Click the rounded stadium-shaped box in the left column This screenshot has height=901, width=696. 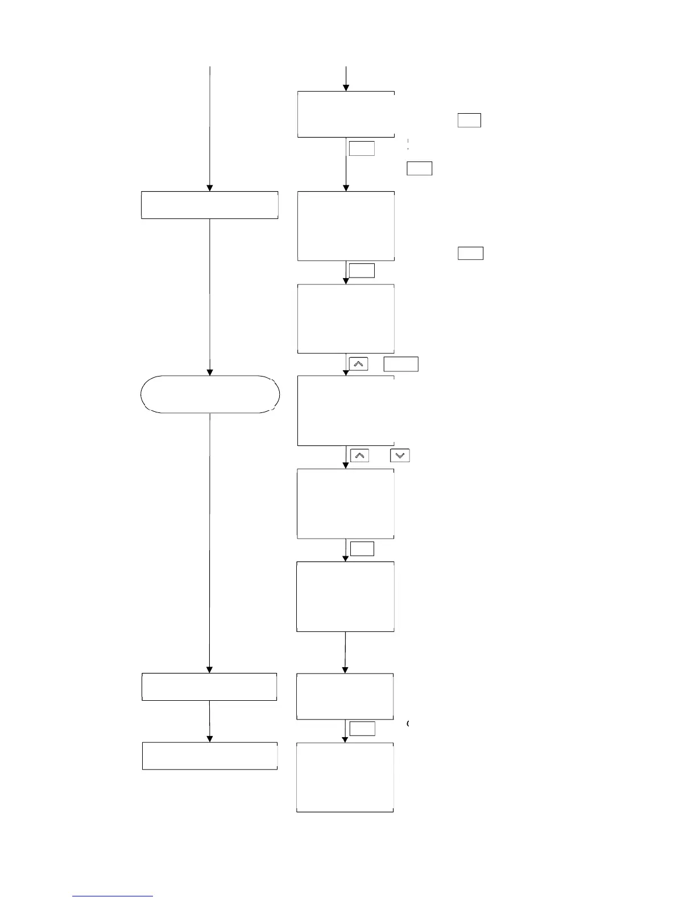(210, 394)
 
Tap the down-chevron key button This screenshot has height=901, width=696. (400, 455)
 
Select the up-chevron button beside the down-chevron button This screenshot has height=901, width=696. (359, 455)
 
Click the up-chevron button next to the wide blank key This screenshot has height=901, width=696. (358, 363)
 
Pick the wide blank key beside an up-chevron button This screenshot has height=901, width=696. (401, 363)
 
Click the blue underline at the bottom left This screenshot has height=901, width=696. (113, 896)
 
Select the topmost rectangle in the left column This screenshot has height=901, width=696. (210, 205)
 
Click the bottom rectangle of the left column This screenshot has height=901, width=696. (210, 755)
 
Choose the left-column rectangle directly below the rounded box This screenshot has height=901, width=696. (209, 687)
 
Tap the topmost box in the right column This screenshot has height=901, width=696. (346, 114)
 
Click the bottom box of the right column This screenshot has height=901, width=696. (345, 777)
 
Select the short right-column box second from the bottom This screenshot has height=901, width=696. (345, 696)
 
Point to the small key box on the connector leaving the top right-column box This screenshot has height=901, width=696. (362, 148)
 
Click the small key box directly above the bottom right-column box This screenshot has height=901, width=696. (362, 729)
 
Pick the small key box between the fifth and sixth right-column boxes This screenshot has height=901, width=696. (362, 548)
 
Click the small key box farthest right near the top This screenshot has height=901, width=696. (469, 120)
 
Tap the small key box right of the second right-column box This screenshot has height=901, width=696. (470, 253)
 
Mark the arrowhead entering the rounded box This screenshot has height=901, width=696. (210, 372)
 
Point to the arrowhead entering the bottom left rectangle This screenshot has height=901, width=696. (210, 738)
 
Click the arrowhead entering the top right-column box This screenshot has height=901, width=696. (346, 88)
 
